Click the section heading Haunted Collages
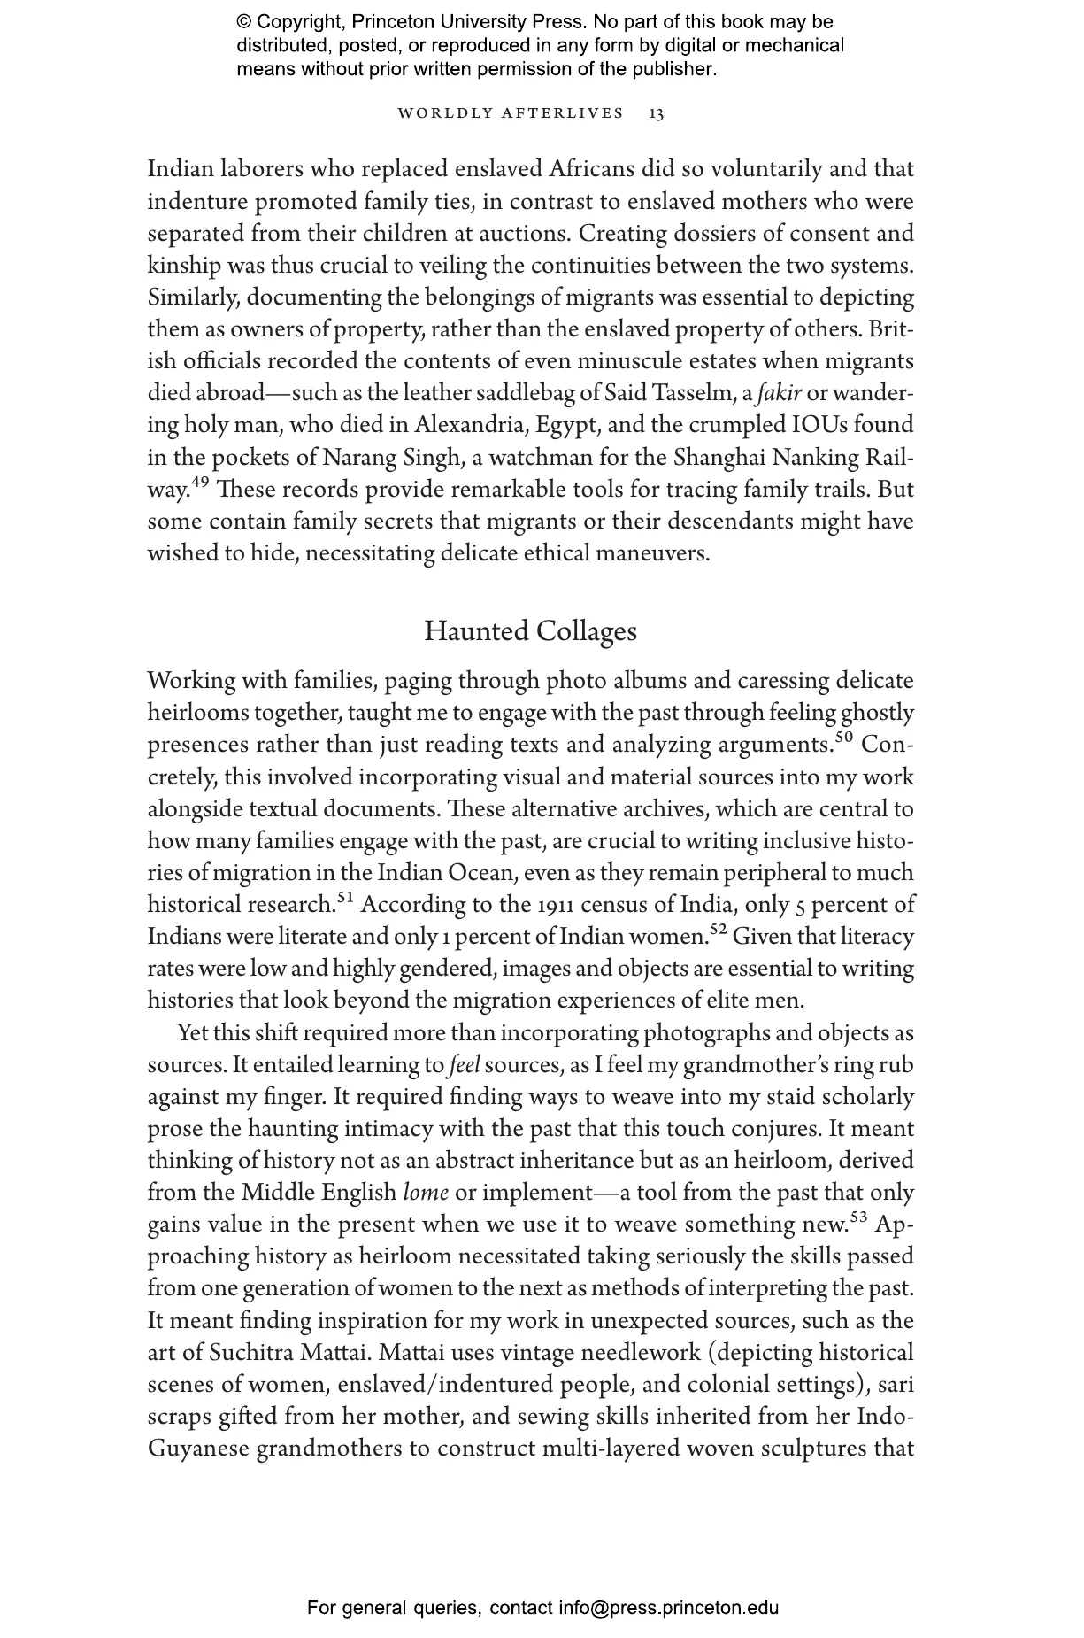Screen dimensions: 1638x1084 point(530,631)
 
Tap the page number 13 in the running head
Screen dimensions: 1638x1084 point(657,113)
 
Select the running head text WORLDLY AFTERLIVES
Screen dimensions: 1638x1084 point(511,113)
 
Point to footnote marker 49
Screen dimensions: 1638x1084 point(200,483)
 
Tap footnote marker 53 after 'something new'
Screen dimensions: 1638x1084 point(858,1217)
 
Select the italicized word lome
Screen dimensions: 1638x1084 point(426,1193)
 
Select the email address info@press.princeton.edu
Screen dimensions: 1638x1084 point(668,1608)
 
